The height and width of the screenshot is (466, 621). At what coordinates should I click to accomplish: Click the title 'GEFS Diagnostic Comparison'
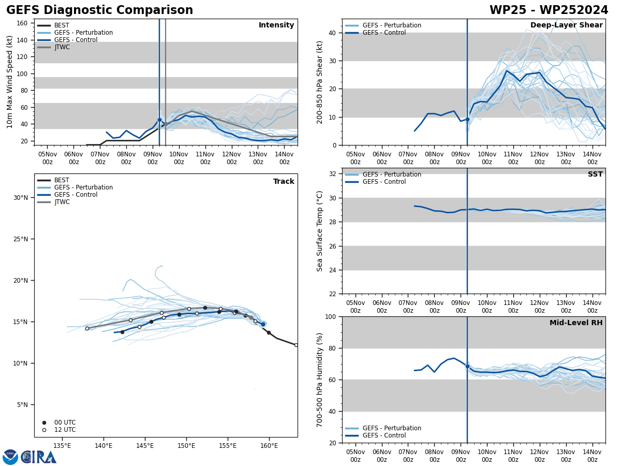point(99,10)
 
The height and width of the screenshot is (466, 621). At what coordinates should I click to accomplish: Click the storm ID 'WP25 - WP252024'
point(549,10)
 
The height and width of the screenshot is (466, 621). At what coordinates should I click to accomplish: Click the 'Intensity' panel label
point(276,25)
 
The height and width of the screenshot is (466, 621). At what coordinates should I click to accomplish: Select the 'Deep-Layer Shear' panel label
point(566,25)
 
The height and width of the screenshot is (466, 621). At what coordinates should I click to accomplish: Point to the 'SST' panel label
point(595,174)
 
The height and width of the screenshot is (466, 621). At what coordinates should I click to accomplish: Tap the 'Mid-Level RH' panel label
point(576,323)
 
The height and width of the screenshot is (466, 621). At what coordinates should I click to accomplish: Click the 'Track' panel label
point(284,182)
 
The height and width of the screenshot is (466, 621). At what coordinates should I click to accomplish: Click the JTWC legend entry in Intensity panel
point(62,47)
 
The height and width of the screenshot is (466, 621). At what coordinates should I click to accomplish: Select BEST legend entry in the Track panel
point(62,180)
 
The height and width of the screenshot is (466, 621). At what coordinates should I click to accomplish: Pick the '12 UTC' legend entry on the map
point(65,430)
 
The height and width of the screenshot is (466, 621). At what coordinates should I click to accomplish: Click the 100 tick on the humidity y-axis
point(329,316)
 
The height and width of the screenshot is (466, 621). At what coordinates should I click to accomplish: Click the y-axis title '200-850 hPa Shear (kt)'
point(320,82)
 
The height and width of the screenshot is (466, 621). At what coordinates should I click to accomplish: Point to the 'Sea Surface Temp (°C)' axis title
point(320,231)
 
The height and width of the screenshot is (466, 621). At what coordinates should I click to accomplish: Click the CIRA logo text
point(39,457)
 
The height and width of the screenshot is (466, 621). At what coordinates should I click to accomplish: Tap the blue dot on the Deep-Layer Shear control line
point(467,119)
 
